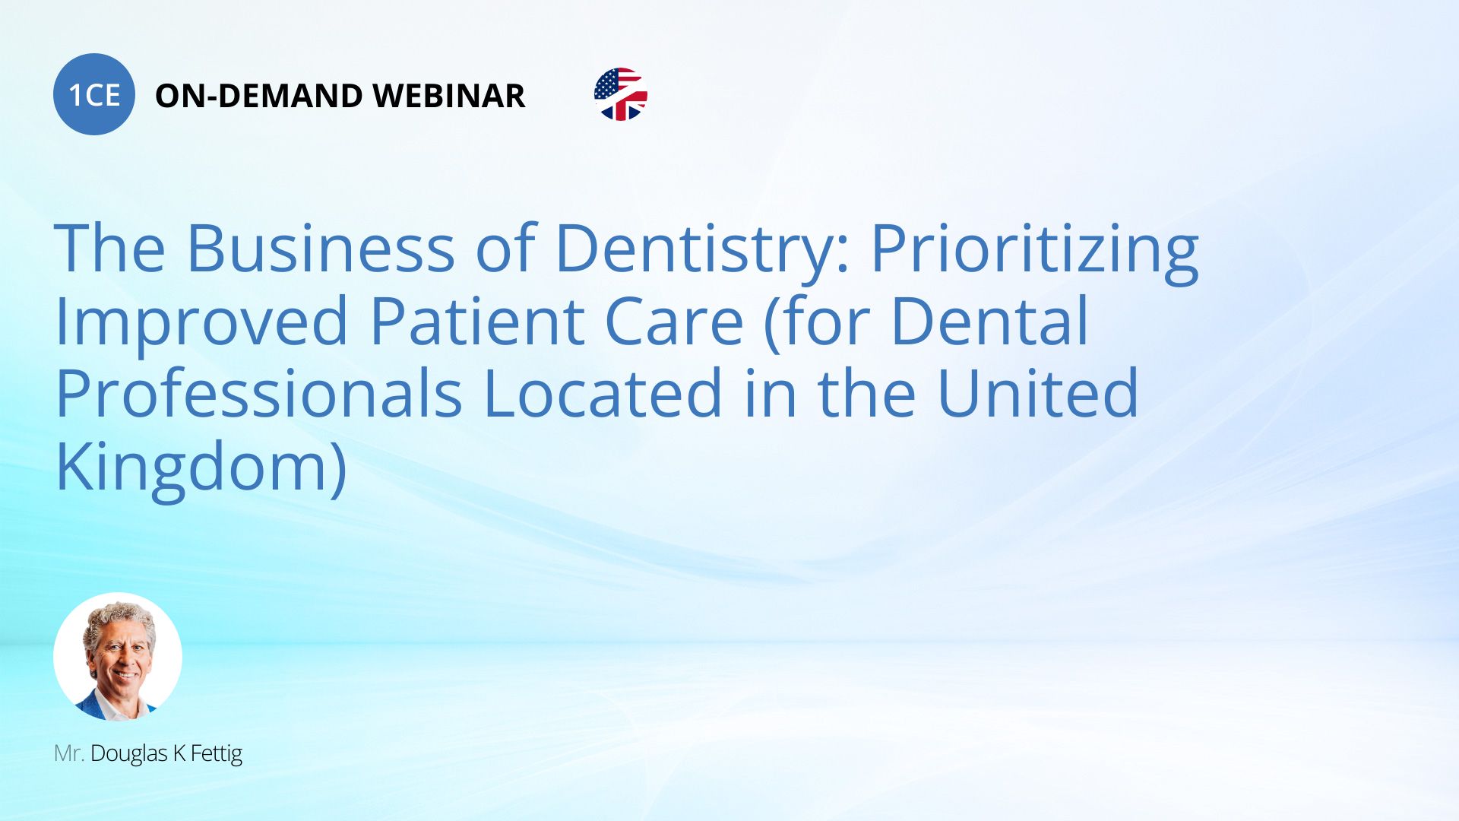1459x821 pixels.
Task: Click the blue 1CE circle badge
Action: (x=94, y=94)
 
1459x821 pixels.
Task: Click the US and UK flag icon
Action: (x=621, y=94)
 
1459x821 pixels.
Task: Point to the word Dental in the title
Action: (x=989, y=320)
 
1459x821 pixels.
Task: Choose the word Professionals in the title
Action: (x=258, y=393)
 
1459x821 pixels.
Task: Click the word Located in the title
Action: (x=602, y=393)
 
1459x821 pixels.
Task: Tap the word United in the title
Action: (x=1038, y=392)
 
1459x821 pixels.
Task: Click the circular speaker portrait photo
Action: (x=118, y=657)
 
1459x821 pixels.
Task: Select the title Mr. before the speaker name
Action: (x=68, y=753)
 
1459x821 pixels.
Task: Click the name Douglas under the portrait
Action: (x=128, y=754)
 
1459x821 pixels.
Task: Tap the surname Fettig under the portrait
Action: (x=216, y=754)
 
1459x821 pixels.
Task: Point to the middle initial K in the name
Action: (x=179, y=753)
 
